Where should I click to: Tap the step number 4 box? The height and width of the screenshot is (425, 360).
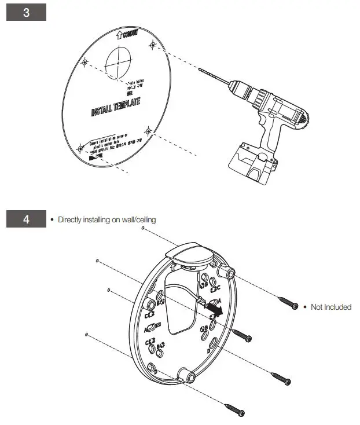26,219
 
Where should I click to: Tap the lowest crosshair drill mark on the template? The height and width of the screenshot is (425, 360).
148,132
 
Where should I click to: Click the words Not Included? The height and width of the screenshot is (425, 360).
330,307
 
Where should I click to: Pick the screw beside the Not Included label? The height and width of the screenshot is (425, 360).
287,302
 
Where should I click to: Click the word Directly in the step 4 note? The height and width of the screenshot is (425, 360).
70,220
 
